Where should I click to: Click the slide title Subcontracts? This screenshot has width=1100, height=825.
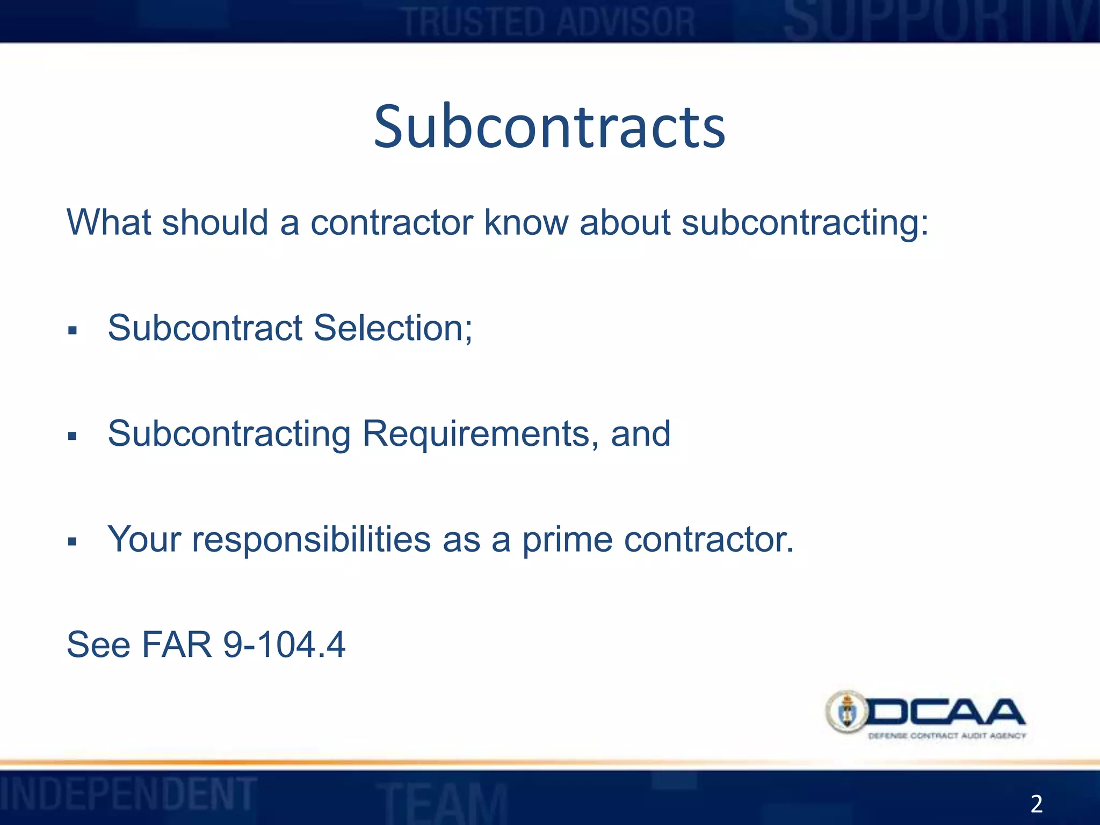(549, 127)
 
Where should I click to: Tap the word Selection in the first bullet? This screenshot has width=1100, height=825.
(393, 328)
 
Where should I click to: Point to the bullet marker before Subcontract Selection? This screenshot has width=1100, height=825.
(73, 330)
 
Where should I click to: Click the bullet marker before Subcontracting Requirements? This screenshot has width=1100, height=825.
(73, 436)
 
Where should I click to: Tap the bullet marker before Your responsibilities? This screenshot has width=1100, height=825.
(73, 541)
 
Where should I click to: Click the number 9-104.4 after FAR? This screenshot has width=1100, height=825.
(284, 645)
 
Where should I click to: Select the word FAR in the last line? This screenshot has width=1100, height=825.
(177, 645)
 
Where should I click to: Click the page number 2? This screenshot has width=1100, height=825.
(1036, 804)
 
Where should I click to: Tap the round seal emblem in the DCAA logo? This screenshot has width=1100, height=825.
(847, 712)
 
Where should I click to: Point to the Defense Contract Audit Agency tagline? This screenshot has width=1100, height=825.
(946, 736)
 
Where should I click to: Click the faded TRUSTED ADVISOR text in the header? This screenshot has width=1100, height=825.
(549, 23)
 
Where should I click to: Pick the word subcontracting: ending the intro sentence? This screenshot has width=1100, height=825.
(805, 222)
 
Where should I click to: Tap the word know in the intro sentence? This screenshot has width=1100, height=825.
(525, 222)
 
